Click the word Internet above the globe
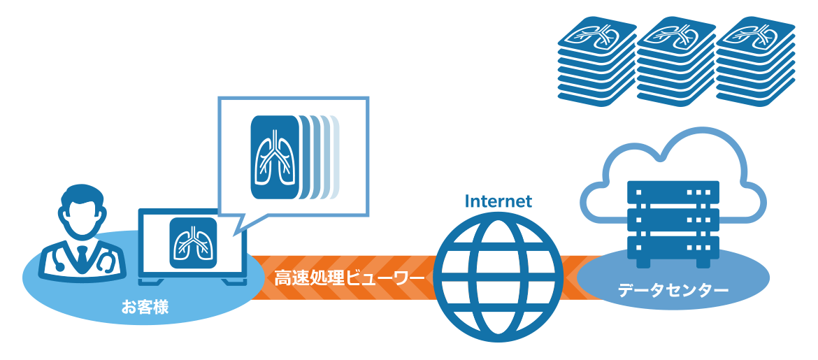click(x=498, y=202)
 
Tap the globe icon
click(x=499, y=278)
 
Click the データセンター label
click(x=673, y=289)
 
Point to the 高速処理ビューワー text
click(x=349, y=278)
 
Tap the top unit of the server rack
click(x=673, y=192)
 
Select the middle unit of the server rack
click(x=673, y=219)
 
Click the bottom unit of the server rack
click(x=673, y=245)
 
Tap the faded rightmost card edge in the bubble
click(x=336, y=157)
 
